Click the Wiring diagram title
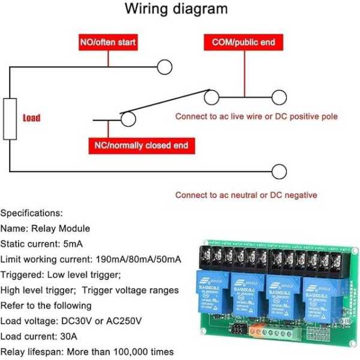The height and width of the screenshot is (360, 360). pyautogui.click(x=176, y=10)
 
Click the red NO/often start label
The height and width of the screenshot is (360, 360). pyautogui.click(x=108, y=43)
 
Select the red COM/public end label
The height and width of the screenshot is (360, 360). pyautogui.click(x=243, y=43)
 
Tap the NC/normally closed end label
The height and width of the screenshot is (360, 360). pyautogui.click(x=142, y=145)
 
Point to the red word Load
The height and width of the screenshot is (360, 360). pyautogui.click(x=32, y=118)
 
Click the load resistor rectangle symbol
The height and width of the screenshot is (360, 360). pyautogui.click(x=10, y=119)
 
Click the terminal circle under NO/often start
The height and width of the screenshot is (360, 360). pyautogui.click(x=163, y=67)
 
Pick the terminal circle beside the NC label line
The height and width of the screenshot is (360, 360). pyautogui.click(x=127, y=120)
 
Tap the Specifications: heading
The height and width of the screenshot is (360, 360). pyautogui.click(x=31, y=213)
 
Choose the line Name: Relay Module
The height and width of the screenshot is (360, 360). pyautogui.click(x=45, y=229)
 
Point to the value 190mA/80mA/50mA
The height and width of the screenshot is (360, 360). pyautogui.click(x=139, y=259)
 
